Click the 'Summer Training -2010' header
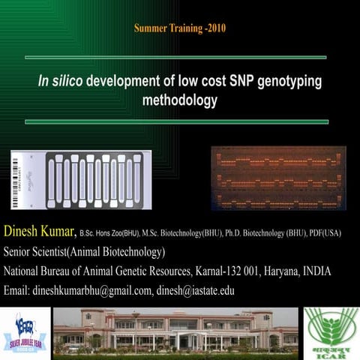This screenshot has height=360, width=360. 179,28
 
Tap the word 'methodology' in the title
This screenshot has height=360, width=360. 179,97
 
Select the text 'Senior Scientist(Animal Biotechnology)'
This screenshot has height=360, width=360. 84,251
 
